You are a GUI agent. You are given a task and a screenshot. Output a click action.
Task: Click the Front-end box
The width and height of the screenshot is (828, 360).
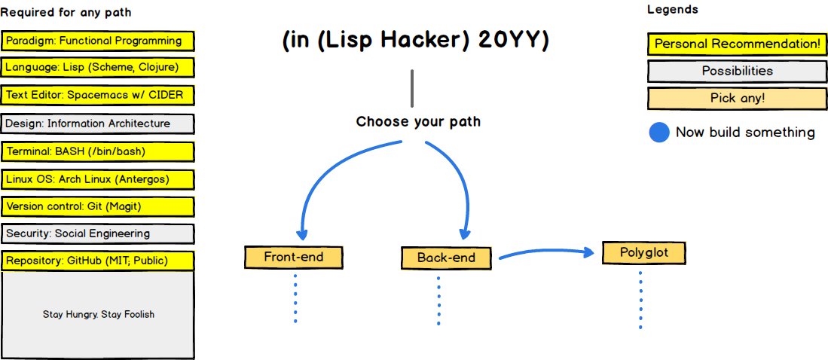294,257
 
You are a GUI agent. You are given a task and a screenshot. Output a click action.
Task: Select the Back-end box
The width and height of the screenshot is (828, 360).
446,258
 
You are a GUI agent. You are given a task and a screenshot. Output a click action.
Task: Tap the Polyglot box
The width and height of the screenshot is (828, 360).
643,253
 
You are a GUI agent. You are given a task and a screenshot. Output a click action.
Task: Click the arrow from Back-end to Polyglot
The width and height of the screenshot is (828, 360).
546,252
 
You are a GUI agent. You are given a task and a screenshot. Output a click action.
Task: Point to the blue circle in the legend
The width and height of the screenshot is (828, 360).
659,133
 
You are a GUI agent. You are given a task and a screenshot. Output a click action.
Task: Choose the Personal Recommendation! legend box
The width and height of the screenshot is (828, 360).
737,44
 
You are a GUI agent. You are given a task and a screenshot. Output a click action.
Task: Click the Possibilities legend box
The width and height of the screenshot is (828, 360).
737,72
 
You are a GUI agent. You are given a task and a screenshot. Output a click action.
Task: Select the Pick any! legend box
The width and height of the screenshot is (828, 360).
737,99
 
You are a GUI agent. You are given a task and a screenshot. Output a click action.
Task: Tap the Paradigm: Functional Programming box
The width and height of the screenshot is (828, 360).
98,41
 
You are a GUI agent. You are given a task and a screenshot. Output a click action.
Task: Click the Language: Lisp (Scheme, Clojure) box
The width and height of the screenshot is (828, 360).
98,68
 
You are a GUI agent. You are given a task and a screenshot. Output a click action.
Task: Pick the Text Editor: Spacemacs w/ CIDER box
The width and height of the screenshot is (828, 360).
98,96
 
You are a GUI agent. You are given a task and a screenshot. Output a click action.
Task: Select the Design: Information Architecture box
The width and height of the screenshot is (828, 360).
98,124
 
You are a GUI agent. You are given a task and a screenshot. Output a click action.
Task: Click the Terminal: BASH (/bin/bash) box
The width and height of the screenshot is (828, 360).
98,152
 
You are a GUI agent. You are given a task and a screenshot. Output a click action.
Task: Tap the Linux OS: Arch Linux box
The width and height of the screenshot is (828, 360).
98,179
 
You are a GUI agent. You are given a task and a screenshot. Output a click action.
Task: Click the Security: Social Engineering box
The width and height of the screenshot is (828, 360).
98,233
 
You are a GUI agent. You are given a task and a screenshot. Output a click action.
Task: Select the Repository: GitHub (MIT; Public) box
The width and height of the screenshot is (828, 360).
98,261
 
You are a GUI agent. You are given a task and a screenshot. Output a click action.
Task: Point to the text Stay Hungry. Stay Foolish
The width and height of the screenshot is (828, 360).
99,315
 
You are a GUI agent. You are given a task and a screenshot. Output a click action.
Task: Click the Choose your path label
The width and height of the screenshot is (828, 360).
418,123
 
